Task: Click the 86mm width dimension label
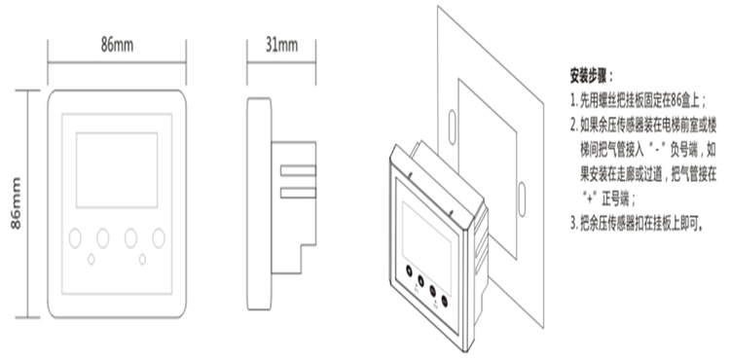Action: coord(117,45)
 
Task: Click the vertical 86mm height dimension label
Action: coord(16,203)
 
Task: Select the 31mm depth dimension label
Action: coord(281,45)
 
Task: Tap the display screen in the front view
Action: coord(117,169)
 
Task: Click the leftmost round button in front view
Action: coord(75,238)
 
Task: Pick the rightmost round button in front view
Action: coord(159,238)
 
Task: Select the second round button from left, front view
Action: coord(103,238)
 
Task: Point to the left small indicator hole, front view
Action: coord(91,260)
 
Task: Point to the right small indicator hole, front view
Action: coord(142,260)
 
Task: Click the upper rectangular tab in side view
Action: coord(298,170)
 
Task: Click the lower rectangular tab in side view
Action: coord(298,193)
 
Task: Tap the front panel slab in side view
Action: coord(259,203)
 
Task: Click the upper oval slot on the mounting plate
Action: coord(452,127)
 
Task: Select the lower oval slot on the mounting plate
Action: coord(522,199)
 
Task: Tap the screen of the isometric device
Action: coord(426,242)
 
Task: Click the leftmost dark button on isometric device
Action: coord(409,270)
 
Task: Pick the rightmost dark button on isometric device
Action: coord(444,301)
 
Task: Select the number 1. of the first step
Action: coord(574,101)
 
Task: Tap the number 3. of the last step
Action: coord(574,224)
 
